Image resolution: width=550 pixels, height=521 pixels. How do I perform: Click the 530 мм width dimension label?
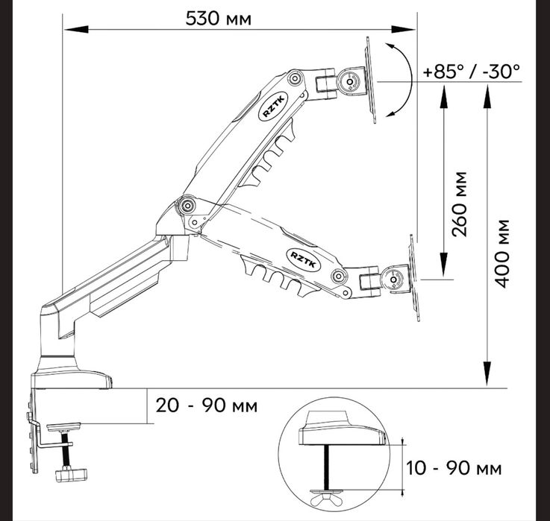(218, 19)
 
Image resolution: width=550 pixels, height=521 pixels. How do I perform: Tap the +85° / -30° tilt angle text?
(472, 72)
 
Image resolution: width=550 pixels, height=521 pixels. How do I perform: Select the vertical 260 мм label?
(460, 204)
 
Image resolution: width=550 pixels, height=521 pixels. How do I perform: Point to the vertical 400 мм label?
(501, 253)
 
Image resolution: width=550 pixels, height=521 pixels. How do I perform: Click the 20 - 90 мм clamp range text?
(206, 405)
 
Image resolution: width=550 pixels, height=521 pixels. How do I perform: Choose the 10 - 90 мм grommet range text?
(454, 468)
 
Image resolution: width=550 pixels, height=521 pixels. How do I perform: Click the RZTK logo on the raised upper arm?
(275, 107)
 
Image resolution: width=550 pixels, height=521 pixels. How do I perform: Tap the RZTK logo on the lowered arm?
(304, 259)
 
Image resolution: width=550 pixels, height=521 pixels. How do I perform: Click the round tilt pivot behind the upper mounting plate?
(350, 82)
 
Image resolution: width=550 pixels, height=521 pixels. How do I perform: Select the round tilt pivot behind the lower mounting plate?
(393, 280)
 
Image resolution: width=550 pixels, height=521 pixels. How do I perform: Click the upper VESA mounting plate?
(371, 80)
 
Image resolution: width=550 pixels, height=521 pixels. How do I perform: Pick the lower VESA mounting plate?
(414, 278)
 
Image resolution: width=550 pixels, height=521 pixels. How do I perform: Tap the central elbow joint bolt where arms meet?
(187, 205)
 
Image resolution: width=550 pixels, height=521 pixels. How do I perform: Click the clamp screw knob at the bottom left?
(71, 474)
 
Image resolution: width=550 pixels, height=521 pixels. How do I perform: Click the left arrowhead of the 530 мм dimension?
(76, 29)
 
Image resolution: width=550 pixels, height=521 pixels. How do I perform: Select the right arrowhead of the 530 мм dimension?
(404, 29)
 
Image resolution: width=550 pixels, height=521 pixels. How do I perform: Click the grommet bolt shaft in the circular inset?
(327, 467)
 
